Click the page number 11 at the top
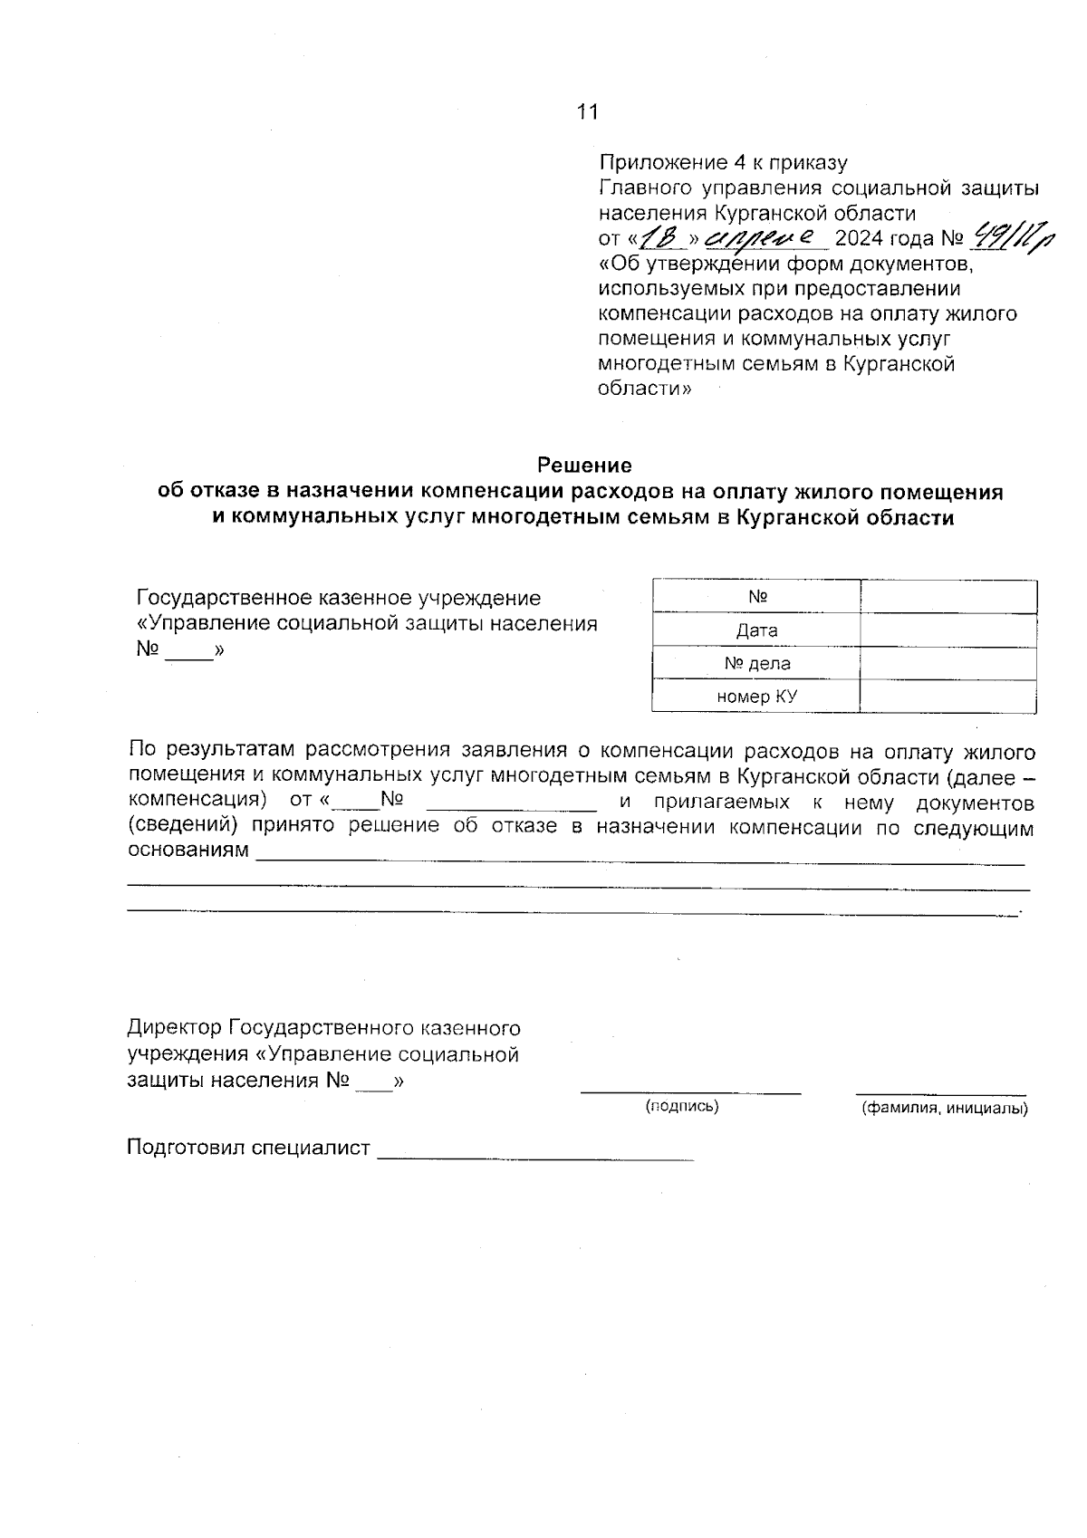[x=587, y=111]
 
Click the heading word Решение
[x=584, y=466]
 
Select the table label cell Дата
[x=756, y=630]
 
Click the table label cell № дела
[x=756, y=663]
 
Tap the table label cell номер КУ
[x=756, y=697]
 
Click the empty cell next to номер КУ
[x=948, y=697]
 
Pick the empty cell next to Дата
[x=948, y=630]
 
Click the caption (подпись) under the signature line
[x=681, y=1106]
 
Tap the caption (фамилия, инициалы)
[x=944, y=1108]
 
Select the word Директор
[x=174, y=1028]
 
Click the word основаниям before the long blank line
[x=188, y=851]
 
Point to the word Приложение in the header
[x=662, y=163]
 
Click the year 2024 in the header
[x=858, y=239]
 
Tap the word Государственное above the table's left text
[x=223, y=598]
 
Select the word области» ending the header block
[x=645, y=389]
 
